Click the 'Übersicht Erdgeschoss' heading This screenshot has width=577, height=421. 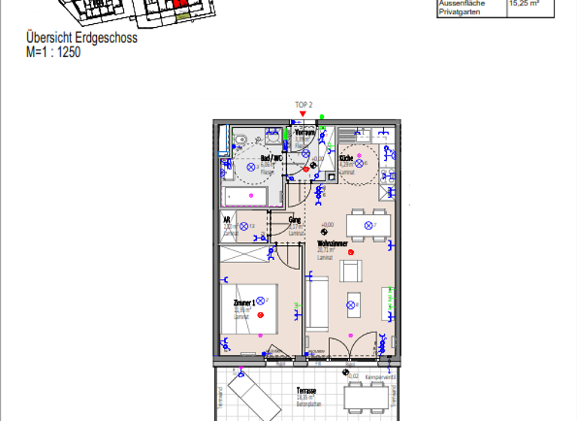(x=82, y=38)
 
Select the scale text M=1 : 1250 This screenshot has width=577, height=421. (x=53, y=53)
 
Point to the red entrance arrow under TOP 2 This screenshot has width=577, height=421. (x=303, y=114)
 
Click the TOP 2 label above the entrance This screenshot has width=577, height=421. (x=303, y=105)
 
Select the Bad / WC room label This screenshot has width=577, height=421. (x=270, y=159)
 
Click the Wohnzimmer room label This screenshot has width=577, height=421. (x=331, y=244)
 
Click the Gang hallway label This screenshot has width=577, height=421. (x=295, y=220)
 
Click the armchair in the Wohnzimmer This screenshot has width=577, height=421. (x=351, y=270)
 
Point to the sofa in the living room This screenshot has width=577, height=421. (x=318, y=302)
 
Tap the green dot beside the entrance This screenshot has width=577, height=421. (x=322, y=117)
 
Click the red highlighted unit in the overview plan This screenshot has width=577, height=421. (x=180, y=4)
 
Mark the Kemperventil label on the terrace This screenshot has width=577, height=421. (x=376, y=376)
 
